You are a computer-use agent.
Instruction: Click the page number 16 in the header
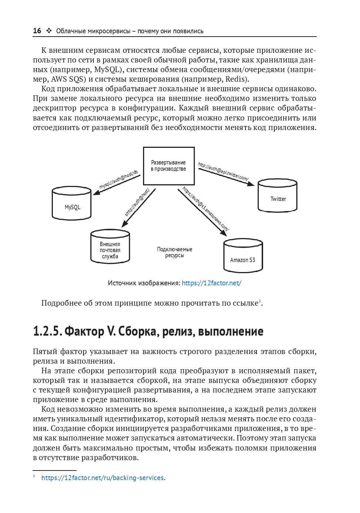[37, 31]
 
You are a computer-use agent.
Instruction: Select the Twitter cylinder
[278, 196]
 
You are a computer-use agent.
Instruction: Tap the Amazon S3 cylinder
[243, 256]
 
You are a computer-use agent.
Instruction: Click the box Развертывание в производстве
[169, 166]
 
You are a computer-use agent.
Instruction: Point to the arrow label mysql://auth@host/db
[118, 180]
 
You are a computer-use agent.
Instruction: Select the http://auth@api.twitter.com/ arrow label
[223, 171]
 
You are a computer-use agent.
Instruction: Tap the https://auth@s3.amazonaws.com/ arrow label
[206, 209]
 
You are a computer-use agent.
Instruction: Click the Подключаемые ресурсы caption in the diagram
[174, 252]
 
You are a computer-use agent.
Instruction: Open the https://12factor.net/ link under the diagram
[211, 283]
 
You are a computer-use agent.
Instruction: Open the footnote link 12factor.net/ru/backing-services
[102, 478]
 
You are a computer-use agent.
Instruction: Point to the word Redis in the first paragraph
[236, 79]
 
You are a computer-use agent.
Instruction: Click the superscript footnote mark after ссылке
[260, 300]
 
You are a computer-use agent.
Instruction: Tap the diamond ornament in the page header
[49, 31]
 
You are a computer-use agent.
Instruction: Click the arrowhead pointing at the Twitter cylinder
[251, 184]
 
